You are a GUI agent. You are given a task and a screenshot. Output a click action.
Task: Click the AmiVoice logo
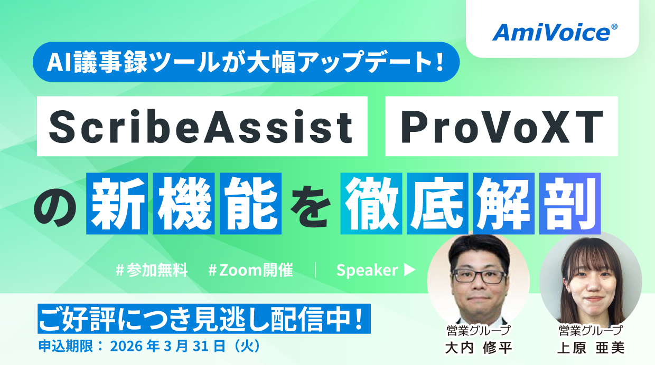click(555, 32)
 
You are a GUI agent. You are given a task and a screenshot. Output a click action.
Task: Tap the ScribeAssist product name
click(202, 127)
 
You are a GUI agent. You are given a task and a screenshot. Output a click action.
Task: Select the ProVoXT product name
click(502, 127)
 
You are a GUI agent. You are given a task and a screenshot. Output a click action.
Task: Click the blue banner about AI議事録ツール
click(246, 62)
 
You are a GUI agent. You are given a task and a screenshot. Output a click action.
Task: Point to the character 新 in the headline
click(117, 204)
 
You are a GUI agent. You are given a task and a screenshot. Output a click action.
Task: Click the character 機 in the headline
click(184, 204)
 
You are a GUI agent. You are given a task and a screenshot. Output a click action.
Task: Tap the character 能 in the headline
click(250, 204)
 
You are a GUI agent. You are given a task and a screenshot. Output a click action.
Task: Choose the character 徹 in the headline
click(371, 204)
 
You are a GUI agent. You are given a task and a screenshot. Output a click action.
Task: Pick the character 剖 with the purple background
click(570, 204)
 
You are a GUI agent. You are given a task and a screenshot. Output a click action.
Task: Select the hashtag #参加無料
click(152, 270)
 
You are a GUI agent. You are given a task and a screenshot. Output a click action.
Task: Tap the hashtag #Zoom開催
click(250, 270)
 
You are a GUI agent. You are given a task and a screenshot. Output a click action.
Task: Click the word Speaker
click(367, 270)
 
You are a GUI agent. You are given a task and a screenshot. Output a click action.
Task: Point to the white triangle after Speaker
click(409, 270)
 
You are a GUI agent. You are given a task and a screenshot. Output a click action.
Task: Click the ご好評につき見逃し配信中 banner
click(204, 319)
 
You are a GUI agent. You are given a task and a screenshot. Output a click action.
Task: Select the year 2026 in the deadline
click(126, 347)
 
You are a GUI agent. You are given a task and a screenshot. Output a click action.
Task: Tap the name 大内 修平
click(479, 348)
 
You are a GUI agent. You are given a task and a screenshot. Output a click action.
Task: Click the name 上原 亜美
click(591, 348)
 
